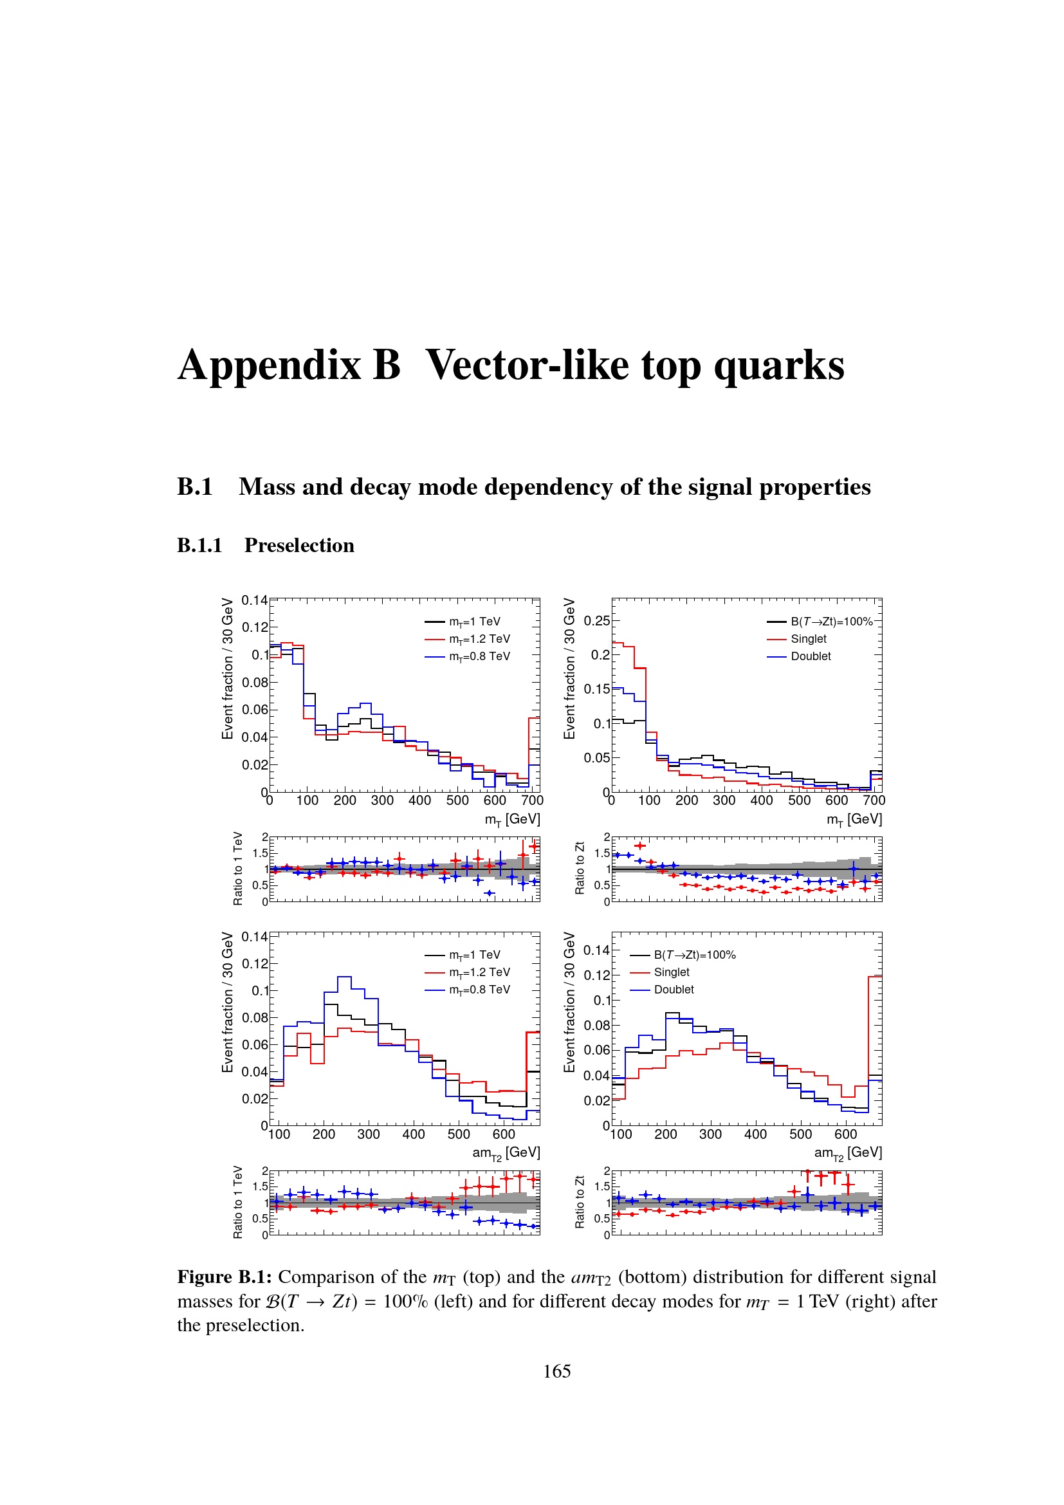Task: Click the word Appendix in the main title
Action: tap(270, 365)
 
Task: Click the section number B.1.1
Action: tap(199, 546)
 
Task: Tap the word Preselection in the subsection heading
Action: tap(298, 546)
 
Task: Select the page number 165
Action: tap(556, 1371)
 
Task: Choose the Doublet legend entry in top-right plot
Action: tap(811, 656)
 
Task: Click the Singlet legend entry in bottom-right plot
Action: tap(672, 972)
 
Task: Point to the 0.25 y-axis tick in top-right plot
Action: tap(596, 621)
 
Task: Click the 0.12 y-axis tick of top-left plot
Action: tap(255, 627)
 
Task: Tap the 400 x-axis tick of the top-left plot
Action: tap(419, 800)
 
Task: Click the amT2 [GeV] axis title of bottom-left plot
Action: tap(506, 1153)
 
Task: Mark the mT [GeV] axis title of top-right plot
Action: tap(854, 819)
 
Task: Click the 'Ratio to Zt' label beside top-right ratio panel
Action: tap(579, 868)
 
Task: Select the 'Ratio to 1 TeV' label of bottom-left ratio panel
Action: tap(237, 1202)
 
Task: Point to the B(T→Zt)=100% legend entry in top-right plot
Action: tap(830, 622)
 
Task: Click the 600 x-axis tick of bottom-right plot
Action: tap(845, 1134)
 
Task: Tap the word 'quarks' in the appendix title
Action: tap(778, 365)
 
